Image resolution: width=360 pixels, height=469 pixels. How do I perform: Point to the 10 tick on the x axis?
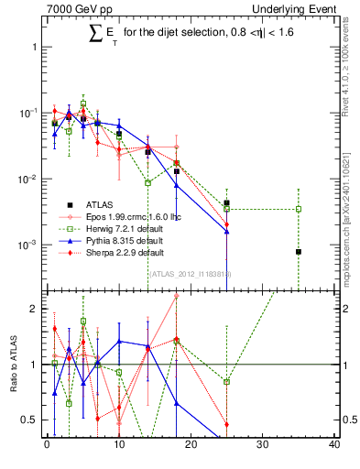[118, 446]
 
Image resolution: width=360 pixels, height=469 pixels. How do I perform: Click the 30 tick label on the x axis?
[263, 446]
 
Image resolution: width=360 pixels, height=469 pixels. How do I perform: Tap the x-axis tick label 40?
[334, 446]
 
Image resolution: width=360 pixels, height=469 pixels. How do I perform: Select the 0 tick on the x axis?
[47, 446]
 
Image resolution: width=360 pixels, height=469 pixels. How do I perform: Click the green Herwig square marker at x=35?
[298, 209]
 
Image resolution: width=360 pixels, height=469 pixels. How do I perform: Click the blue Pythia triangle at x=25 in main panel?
[226, 232]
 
